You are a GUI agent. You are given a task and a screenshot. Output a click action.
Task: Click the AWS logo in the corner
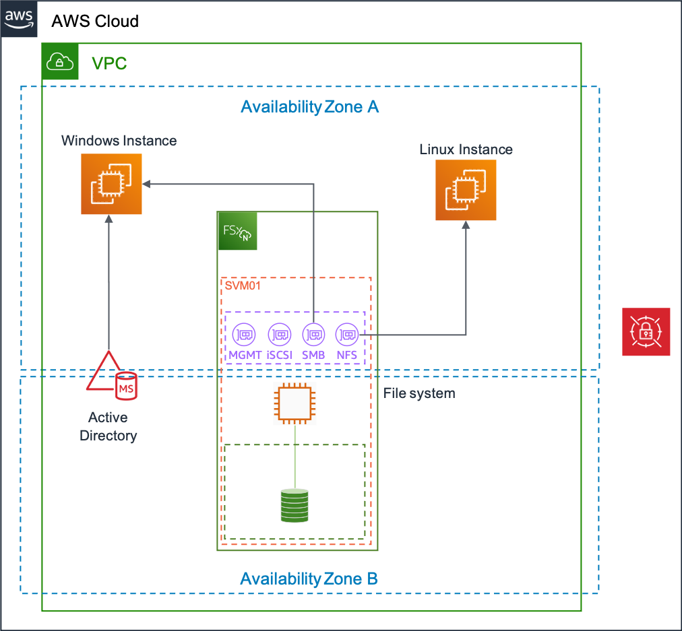pos(19,19)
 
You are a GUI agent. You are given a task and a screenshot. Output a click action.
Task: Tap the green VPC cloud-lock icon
pos(60,61)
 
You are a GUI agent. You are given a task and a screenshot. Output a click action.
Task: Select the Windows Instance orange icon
pos(111,184)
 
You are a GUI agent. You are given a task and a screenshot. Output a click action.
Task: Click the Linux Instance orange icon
pos(466,190)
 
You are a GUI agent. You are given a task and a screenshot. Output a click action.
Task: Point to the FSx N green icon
pos(237,231)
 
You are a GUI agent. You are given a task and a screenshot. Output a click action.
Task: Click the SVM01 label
pos(243,286)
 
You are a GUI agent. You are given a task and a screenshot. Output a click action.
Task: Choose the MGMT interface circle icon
pos(244,335)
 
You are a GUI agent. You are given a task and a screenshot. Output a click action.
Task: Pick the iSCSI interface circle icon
pos(279,335)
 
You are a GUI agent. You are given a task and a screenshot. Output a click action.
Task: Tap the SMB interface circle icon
pos(313,335)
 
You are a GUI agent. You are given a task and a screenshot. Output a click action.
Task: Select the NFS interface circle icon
pos(346,335)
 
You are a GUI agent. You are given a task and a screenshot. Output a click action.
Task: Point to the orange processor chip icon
pos(294,403)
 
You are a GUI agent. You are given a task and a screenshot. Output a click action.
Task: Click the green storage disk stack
pos(294,506)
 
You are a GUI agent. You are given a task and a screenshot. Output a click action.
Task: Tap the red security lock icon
pos(646,331)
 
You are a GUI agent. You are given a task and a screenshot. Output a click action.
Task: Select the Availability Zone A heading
pos(310,107)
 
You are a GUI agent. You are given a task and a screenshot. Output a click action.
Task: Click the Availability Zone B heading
pos(309,579)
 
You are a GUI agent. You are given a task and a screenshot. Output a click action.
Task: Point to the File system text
pos(419,393)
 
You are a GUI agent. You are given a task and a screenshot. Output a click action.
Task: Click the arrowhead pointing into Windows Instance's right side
pos(146,185)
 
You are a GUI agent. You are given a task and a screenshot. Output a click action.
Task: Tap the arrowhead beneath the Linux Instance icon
pos(466,225)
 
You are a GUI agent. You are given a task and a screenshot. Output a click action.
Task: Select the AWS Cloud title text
pos(95,21)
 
